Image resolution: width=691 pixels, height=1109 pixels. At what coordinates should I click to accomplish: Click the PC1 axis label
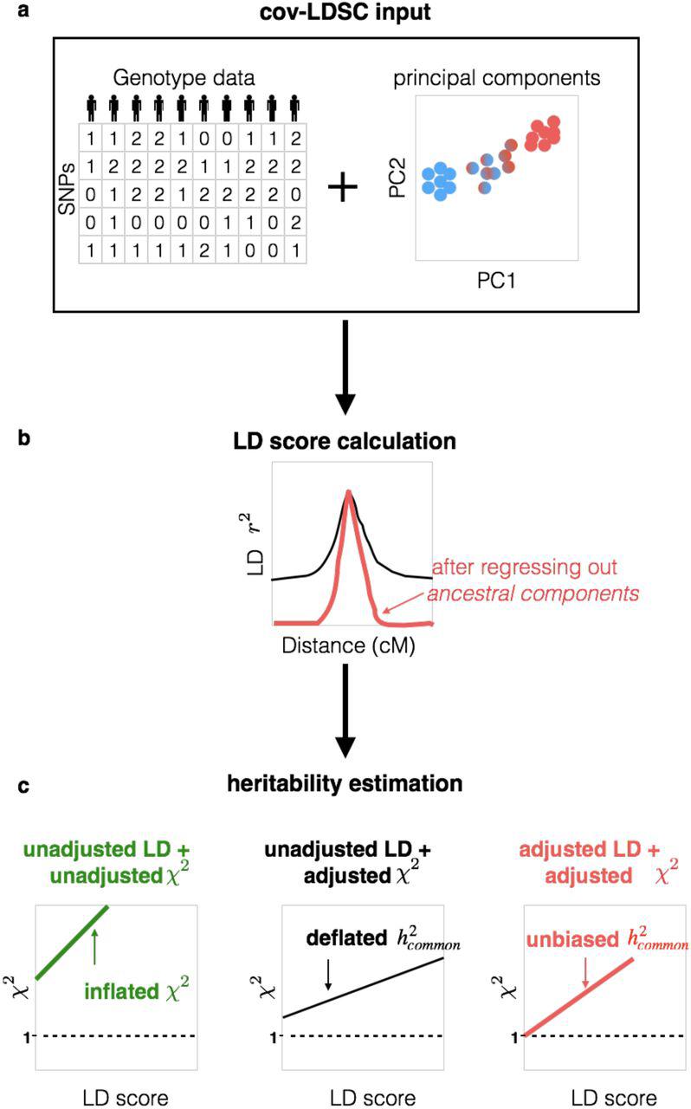496,282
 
